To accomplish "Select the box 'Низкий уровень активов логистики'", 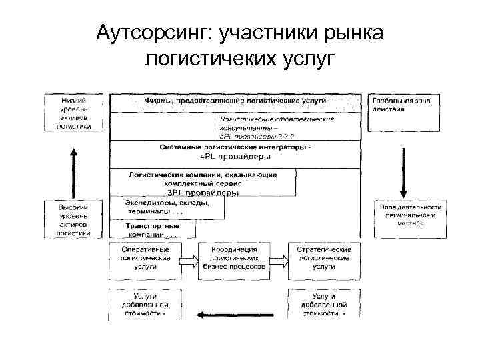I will pos(74,111).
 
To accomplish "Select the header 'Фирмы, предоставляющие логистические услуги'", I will pos(235,99).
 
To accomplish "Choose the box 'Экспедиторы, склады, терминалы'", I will pos(167,207).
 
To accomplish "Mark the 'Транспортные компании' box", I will pos(153,230).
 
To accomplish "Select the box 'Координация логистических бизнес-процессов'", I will pos(237,257).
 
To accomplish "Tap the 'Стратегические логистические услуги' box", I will pos(324,257).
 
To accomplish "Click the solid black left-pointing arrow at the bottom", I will pos(238,314).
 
